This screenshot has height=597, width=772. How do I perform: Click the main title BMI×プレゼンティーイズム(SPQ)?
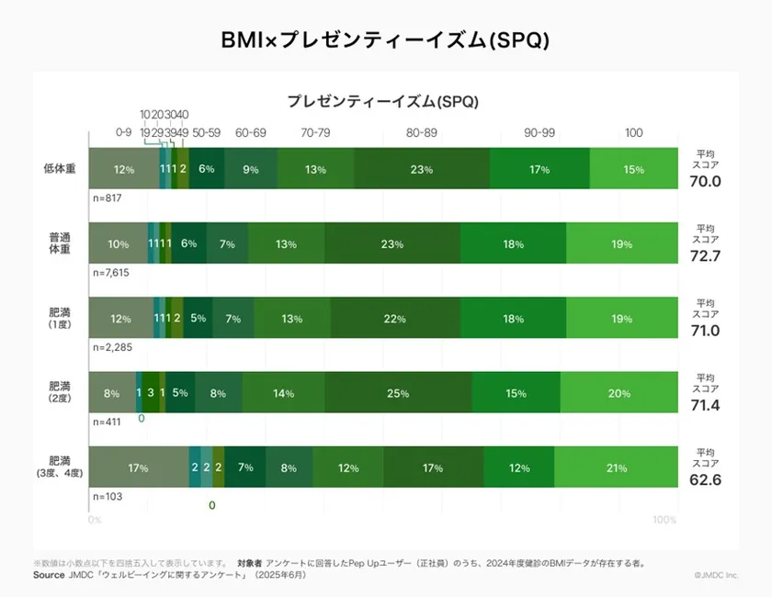click(x=386, y=39)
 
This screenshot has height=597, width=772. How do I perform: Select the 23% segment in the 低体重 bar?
click(x=422, y=169)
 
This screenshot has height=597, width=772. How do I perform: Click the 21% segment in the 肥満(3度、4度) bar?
click(x=615, y=467)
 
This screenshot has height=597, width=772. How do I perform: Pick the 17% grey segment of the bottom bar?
click(x=139, y=467)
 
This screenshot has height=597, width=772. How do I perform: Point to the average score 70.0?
click(x=705, y=181)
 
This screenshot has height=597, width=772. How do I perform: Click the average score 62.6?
click(x=705, y=479)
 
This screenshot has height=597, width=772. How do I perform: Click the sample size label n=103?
click(x=108, y=496)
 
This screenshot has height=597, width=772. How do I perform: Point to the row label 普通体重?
click(x=60, y=243)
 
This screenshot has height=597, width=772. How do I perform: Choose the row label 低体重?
click(x=60, y=168)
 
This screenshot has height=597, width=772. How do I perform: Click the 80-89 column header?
click(x=422, y=133)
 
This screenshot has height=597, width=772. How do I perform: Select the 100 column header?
click(x=633, y=133)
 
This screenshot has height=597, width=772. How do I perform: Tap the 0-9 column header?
click(x=124, y=133)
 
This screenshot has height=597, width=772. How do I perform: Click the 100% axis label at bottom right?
click(x=664, y=521)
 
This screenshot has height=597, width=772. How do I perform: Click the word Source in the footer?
click(x=49, y=575)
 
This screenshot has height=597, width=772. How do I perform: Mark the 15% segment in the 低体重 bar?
click(x=633, y=169)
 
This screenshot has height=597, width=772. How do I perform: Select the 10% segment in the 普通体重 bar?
click(x=119, y=243)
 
